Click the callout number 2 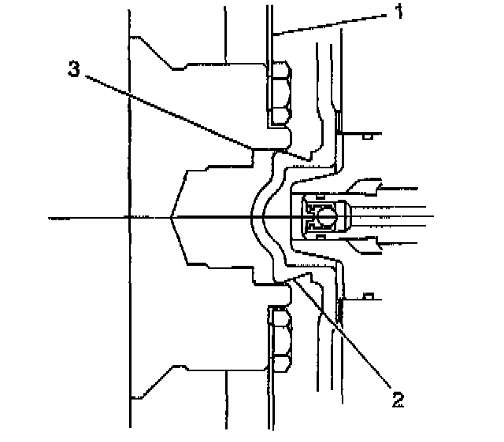point(397,400)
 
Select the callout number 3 point(73,68)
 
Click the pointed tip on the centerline point(172,216)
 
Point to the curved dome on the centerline point(256,215)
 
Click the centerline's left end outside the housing point(51,216)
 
